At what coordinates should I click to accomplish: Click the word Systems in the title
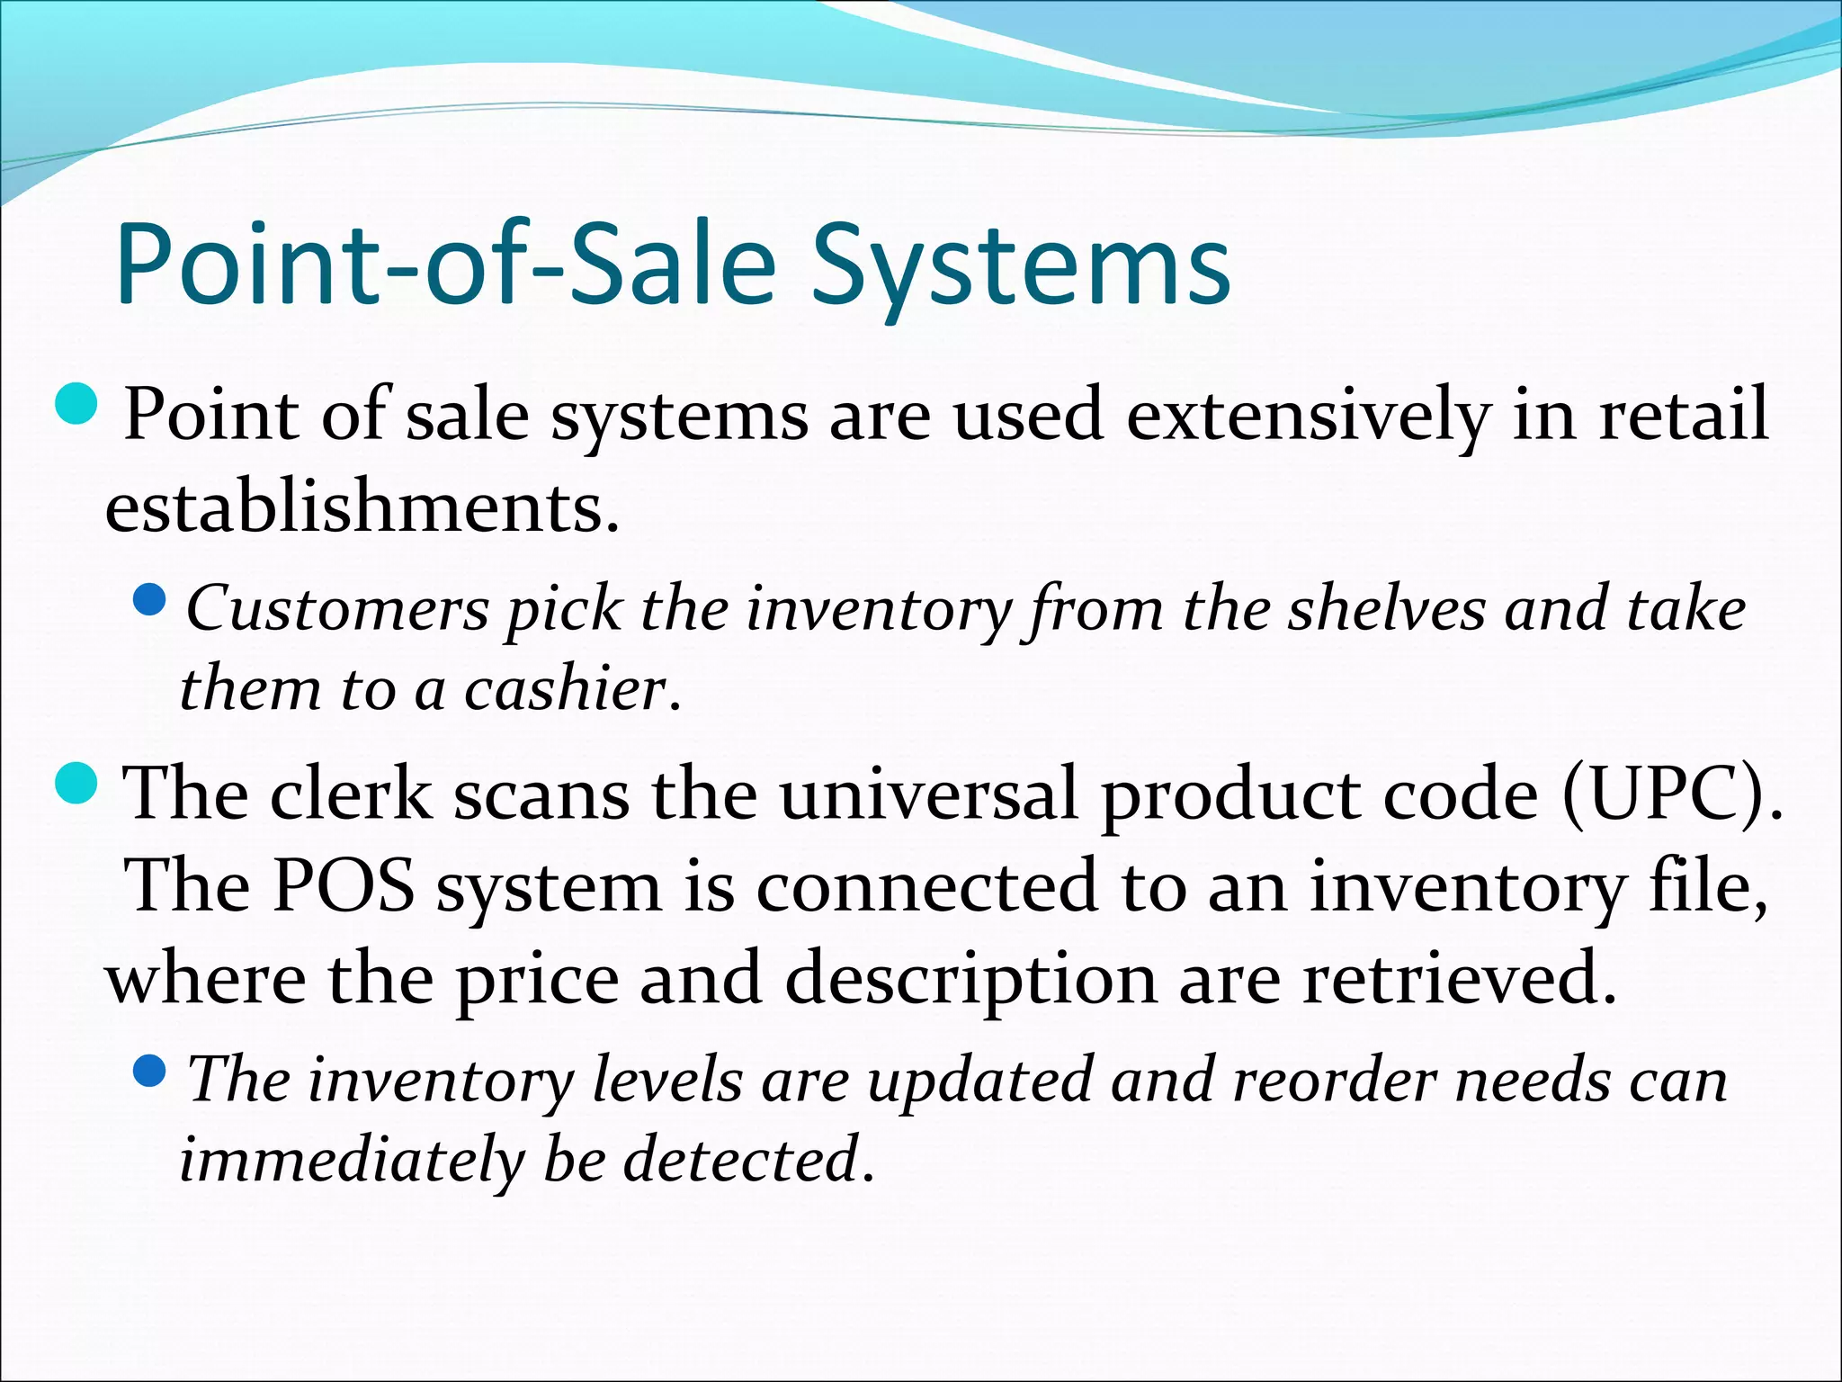coord(1021,267)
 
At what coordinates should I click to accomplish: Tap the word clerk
coord(352,794)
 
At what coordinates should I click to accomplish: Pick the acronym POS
coord(344,886)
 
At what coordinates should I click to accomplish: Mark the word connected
coord(927,886)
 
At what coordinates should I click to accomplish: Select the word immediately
coord(351,1160)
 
